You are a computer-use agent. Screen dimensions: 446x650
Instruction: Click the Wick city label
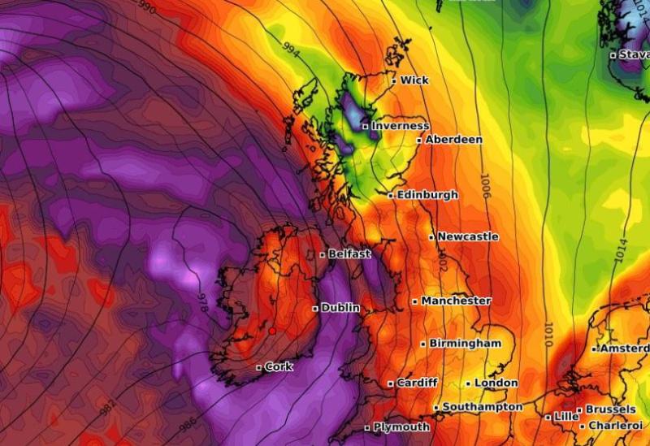click(x=414, y=80)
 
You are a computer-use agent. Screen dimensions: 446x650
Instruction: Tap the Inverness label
click(x=400, y=126)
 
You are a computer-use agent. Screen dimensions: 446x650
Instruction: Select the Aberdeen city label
click(x=453, y=140)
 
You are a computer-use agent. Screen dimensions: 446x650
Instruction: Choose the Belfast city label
click(x=349, y=254)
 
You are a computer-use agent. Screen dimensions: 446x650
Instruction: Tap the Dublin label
click(x=340, y=308)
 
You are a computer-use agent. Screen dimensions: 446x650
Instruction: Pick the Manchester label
click(x=456, y=301)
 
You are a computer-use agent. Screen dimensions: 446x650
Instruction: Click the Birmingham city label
click(x=465, y=343)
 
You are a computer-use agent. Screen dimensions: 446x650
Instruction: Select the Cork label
click(x=279, y=367)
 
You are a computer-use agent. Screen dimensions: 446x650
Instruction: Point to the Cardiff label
click(x=418, y=383)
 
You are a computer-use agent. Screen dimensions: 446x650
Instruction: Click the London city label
click(x=496, y=383)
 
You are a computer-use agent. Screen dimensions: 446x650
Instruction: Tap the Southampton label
click(x=482, y=406)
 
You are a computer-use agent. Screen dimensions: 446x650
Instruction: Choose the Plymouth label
click(x=401, y=427)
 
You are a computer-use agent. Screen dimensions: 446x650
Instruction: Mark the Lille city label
click(x=566, y=417)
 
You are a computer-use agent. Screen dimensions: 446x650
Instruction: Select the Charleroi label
click(x=615, y=426)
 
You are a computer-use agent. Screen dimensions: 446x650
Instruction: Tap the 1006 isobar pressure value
click(x=485, y=186)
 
